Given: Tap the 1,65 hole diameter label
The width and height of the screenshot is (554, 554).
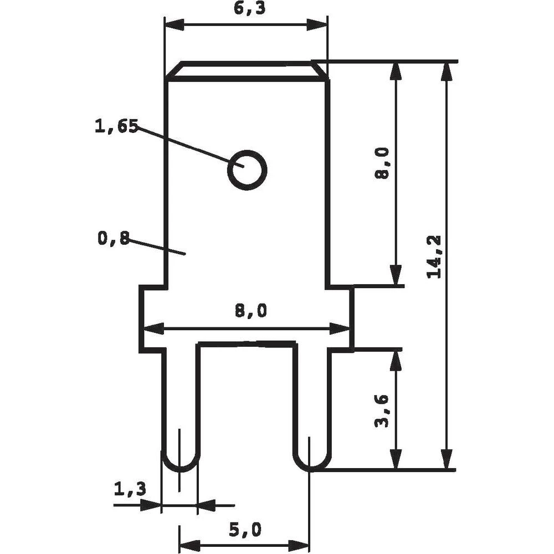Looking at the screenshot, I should pos(116,126).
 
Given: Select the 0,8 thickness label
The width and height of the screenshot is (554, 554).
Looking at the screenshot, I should pos(113,238).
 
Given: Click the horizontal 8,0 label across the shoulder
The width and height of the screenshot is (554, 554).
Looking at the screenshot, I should pos(250,312).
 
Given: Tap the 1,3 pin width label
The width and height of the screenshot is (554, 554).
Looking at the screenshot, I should pos(130,489).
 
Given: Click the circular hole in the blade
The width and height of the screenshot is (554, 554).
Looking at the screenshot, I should pos(247,170).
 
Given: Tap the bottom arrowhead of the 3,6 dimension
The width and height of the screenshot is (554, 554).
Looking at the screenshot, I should pos(395,460).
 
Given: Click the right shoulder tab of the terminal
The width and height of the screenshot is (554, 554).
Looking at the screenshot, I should pos(341,318).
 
